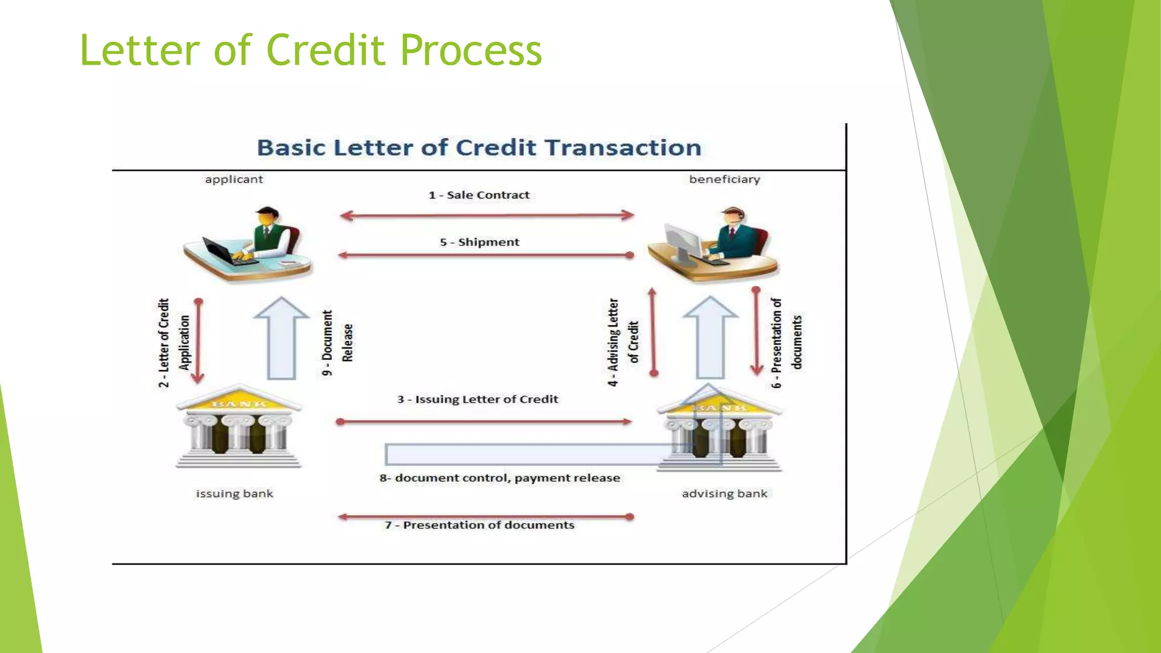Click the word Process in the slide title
tap(471, 51)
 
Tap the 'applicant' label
tap(234, 180)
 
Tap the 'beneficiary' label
tap(724, 180)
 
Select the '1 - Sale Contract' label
tap(479, 196)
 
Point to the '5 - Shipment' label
tap(480, 243)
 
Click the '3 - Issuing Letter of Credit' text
tap(477, 400)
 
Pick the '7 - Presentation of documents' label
tap(480, 525)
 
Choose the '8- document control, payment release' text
tap(499, 478)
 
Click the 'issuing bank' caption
tap(234, 494)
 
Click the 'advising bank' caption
tap(724, 494)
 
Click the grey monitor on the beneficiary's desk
tap(683, 243)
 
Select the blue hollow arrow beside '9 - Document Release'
tap(281, 340)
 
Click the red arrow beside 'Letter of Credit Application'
tap(198, 340)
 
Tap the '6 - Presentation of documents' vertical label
tap(787, 343)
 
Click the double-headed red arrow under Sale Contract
tap(486, 215)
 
